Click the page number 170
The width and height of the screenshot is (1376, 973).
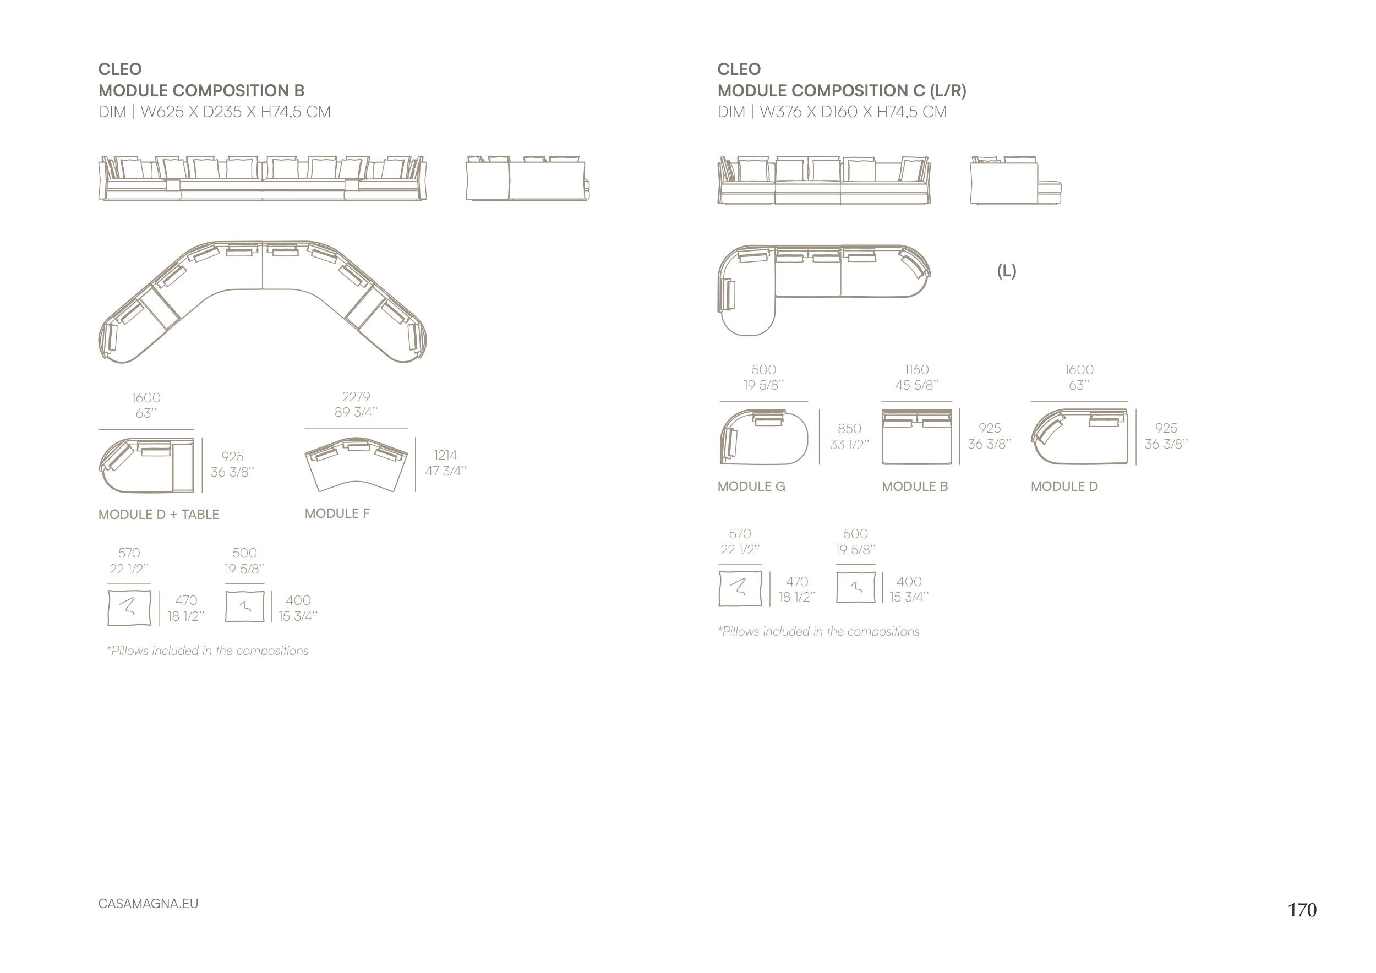pyautogui.click(x=1302, y=910)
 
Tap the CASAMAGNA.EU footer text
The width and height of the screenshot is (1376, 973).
pyautogui.click(x=148, y=904)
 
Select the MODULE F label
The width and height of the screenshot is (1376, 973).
pyautogui.click(x=337, y=513)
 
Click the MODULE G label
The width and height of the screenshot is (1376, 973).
pyautogui.click(x=751, y=487)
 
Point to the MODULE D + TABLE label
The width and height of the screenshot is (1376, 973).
pyautogui.click(x=159, y=514)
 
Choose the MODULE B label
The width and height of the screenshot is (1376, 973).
pyautogui.click(x=915, y=487)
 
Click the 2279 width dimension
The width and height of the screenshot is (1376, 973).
pyautogui.click(x=356, y=397)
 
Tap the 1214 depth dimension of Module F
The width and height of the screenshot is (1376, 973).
pyautogui.click(x=445, y=455)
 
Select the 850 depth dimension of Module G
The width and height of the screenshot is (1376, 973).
pyautogui.click(x=849, y=429)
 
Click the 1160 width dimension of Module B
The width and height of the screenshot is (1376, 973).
pyautogui.click(x=916, y=370)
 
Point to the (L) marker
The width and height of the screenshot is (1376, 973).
pyautogui.click(x=1006, y=271)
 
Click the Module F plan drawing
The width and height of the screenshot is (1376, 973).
pyautogui.click(x=356, y=464)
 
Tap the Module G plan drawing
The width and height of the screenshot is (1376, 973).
pyautogui.click(x=763, y=438)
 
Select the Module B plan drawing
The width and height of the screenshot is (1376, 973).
pyautogui.click(x=916, y=438)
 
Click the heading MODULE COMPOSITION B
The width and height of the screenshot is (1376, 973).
pyautogui.click(x=201, y=90)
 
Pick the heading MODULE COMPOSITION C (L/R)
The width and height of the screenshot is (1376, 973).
pyautogui.click(x=842, y=90)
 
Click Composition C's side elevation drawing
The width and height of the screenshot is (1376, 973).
pyautogui.click(x=1014, y=181)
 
